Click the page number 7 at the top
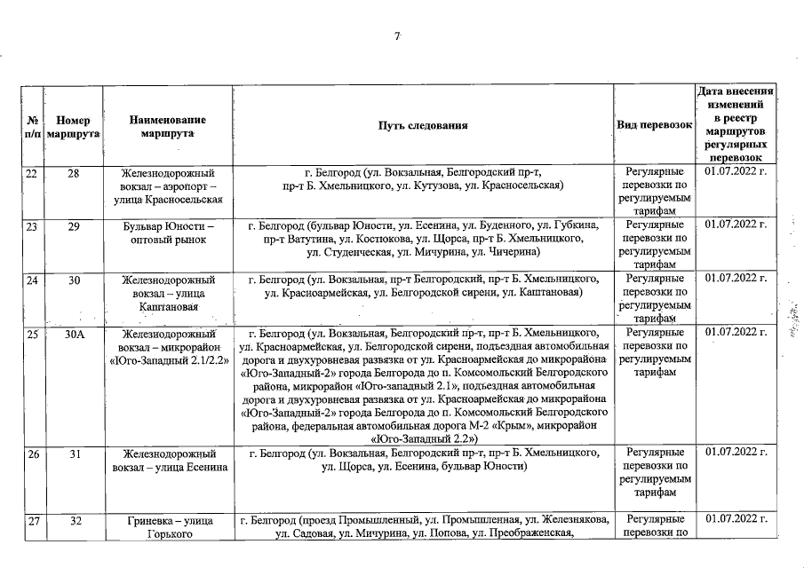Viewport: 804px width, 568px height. click(398, 36)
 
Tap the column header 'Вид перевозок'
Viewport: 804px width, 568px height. click(654, 125)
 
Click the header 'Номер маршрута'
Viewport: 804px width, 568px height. click(73, 125)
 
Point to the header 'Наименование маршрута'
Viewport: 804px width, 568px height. click(167, 125)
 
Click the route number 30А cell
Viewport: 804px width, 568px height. click(73, 334)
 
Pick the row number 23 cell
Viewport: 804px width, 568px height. click(31, 227)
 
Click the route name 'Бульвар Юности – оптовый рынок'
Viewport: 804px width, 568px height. click(167, 233)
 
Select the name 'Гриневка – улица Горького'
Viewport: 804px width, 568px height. click(167, 527)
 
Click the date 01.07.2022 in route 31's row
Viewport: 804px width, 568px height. click(735, 454)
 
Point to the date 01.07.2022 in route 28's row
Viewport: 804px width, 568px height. click(735, 172)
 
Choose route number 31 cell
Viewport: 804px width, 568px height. click(73, 454)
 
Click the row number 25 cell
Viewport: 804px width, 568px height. click(31, 334)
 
